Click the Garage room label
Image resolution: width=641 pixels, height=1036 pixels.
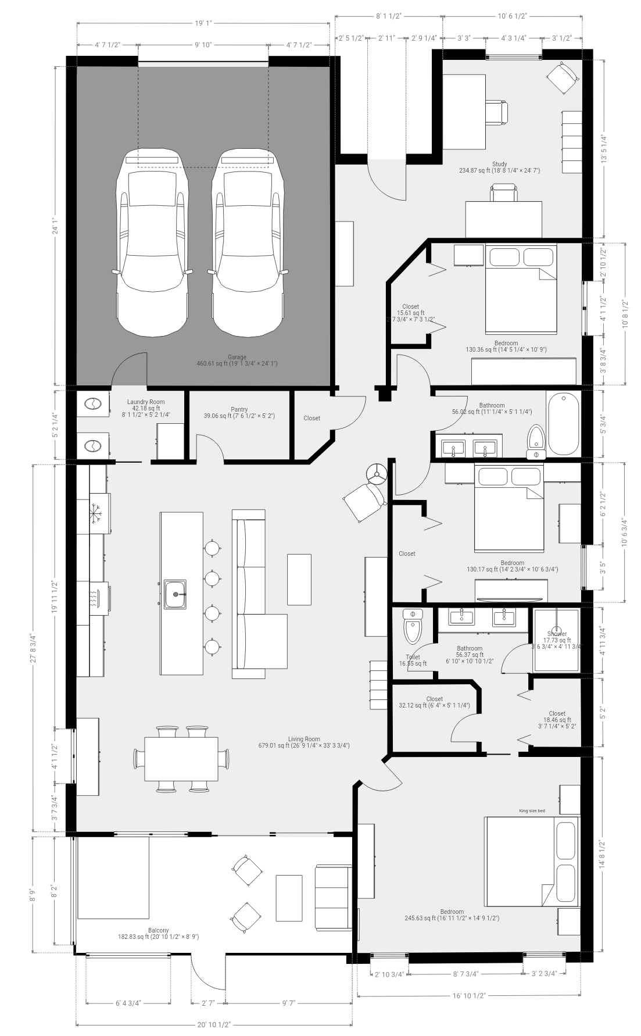(237, 357)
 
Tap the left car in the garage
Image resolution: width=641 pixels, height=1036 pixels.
(152, 244)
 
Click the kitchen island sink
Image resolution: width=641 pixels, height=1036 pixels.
(175, 594)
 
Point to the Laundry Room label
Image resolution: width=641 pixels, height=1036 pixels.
(145, 402)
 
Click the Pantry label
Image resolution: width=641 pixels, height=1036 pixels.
(239, 410)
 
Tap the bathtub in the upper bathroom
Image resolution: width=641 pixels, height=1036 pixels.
(563, 423)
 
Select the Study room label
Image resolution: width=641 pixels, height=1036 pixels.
(499, 165)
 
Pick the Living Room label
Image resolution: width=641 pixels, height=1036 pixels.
(304, 740)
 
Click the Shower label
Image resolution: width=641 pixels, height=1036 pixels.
(557, 634)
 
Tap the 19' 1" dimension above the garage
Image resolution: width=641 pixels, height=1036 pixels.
(203, 24)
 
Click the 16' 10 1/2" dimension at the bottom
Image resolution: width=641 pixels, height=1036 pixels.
(470, 995)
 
